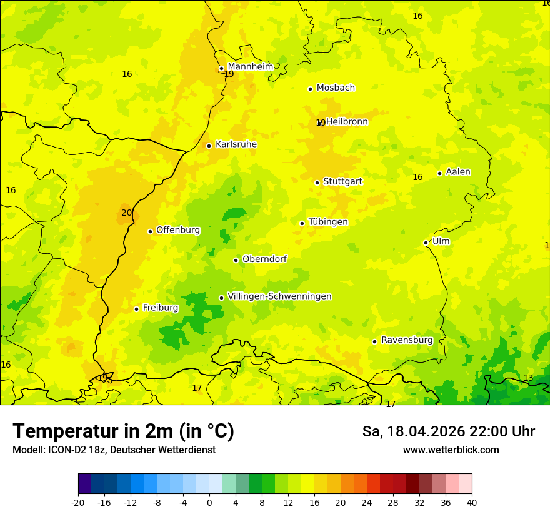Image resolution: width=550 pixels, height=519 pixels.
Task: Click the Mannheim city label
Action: tap(250, 66)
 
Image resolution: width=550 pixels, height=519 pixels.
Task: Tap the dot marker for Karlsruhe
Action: tap(209, 146)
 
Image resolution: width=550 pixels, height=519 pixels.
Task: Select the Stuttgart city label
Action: tap(342, 181)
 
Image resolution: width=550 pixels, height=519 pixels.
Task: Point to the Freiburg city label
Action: tap(160, 308)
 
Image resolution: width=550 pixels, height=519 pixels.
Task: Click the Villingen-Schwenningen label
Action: tap(279, 296)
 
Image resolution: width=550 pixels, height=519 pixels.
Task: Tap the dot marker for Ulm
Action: tap(426, 243)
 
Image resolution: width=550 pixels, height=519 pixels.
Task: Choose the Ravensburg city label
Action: tap(406, 340)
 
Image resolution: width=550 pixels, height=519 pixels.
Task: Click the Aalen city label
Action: tap(457, 172)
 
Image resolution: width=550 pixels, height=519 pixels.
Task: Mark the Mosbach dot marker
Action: tap(310, 89)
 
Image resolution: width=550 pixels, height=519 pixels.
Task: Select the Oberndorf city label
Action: tap(264, 259)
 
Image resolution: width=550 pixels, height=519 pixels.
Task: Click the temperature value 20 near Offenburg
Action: tap(127, 213)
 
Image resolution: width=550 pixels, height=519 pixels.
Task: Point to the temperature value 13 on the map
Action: tap(528, 378)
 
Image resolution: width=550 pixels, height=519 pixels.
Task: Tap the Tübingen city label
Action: tap(327, 222)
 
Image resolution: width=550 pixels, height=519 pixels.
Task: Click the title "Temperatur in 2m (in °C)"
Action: tap(123, 431)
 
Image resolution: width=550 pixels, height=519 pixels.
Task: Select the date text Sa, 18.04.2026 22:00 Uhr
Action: tap(448, 431)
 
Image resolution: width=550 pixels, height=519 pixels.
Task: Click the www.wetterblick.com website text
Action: tap(451, 450)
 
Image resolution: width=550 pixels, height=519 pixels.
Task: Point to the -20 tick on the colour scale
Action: tap(78, 502)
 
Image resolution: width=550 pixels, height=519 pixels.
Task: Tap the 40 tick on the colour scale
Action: tap(471, 502)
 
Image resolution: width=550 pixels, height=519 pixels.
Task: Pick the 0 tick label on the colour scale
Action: tap(209, 502)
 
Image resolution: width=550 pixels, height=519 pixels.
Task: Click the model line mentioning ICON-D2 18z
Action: tap(114, 450)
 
